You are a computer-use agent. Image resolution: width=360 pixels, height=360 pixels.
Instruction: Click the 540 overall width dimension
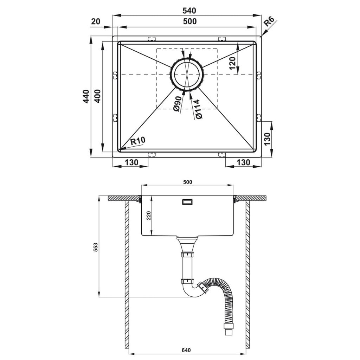tap(189, 11)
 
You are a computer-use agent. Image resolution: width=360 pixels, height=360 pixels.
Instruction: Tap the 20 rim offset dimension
tap(96, 21)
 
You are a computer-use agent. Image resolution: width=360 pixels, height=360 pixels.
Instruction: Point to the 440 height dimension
tap(86, 96)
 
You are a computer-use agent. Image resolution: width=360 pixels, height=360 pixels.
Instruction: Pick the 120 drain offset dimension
tap(232, 63)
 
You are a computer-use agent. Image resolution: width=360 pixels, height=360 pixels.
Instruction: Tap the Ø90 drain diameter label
tap(178, 104)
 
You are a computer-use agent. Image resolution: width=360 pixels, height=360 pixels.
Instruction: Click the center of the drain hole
tap(186, 75)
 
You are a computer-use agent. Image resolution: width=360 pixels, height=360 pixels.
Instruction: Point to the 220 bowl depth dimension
tap(149, 216)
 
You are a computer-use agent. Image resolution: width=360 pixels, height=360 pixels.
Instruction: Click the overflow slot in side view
tap(187, 202)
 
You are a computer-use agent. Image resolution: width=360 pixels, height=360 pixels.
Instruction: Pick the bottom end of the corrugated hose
tap(228, 333)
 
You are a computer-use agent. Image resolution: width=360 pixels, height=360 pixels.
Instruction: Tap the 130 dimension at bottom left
tap(132, 162)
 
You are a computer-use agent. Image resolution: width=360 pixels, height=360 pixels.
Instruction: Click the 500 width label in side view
tap(188, 182)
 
